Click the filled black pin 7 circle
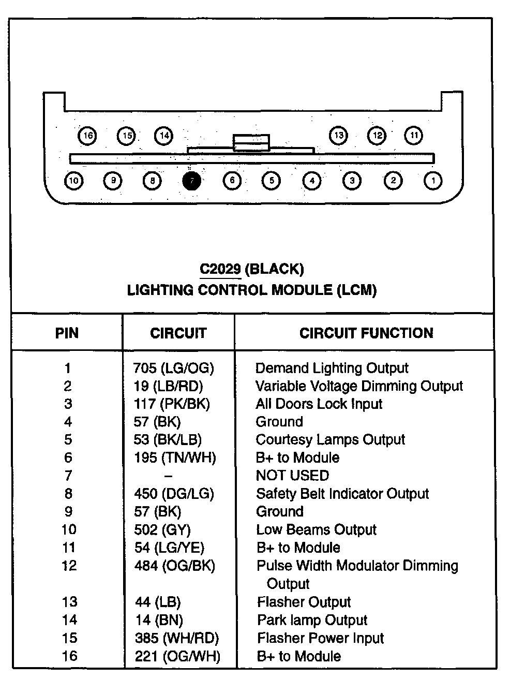[x=192, y=181]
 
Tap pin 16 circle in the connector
[x=87, y=136]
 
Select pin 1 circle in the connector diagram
[x=433, y=181]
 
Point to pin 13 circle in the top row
[x=338, y=136]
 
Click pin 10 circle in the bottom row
[x=74, y=181]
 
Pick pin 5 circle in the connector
[x=271, y=181]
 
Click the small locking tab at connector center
[x=251, y=142]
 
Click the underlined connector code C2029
[x=220, y=269]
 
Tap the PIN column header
[x=67, y=333]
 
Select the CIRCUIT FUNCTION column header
[x=366, y=333]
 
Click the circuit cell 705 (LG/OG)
[x=173, y=368]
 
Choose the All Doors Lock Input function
[x=319, y=404]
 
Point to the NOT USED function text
[x=292, y=475]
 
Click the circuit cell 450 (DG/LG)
[x=174, y=494]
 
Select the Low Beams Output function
[x=316, y=529]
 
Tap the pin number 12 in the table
[x=69, y=565]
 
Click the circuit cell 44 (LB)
[x=158, y=602]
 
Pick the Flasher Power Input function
[x=320, y=638]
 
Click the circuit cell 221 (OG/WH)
[x=177, y=656]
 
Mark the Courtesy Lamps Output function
[x=330, y=439]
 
